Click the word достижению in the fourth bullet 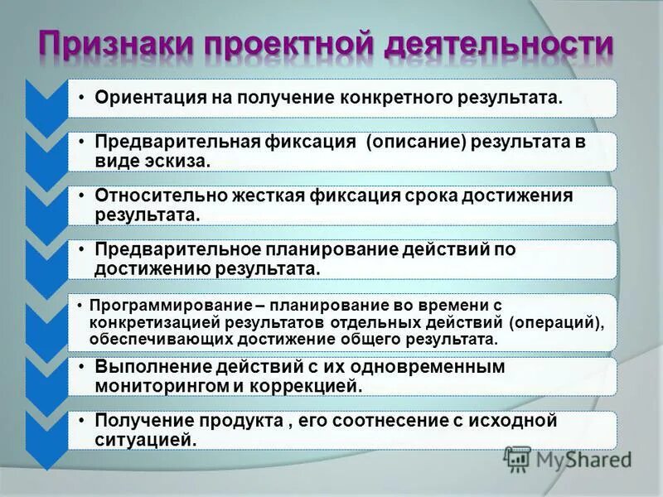[152, 268]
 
